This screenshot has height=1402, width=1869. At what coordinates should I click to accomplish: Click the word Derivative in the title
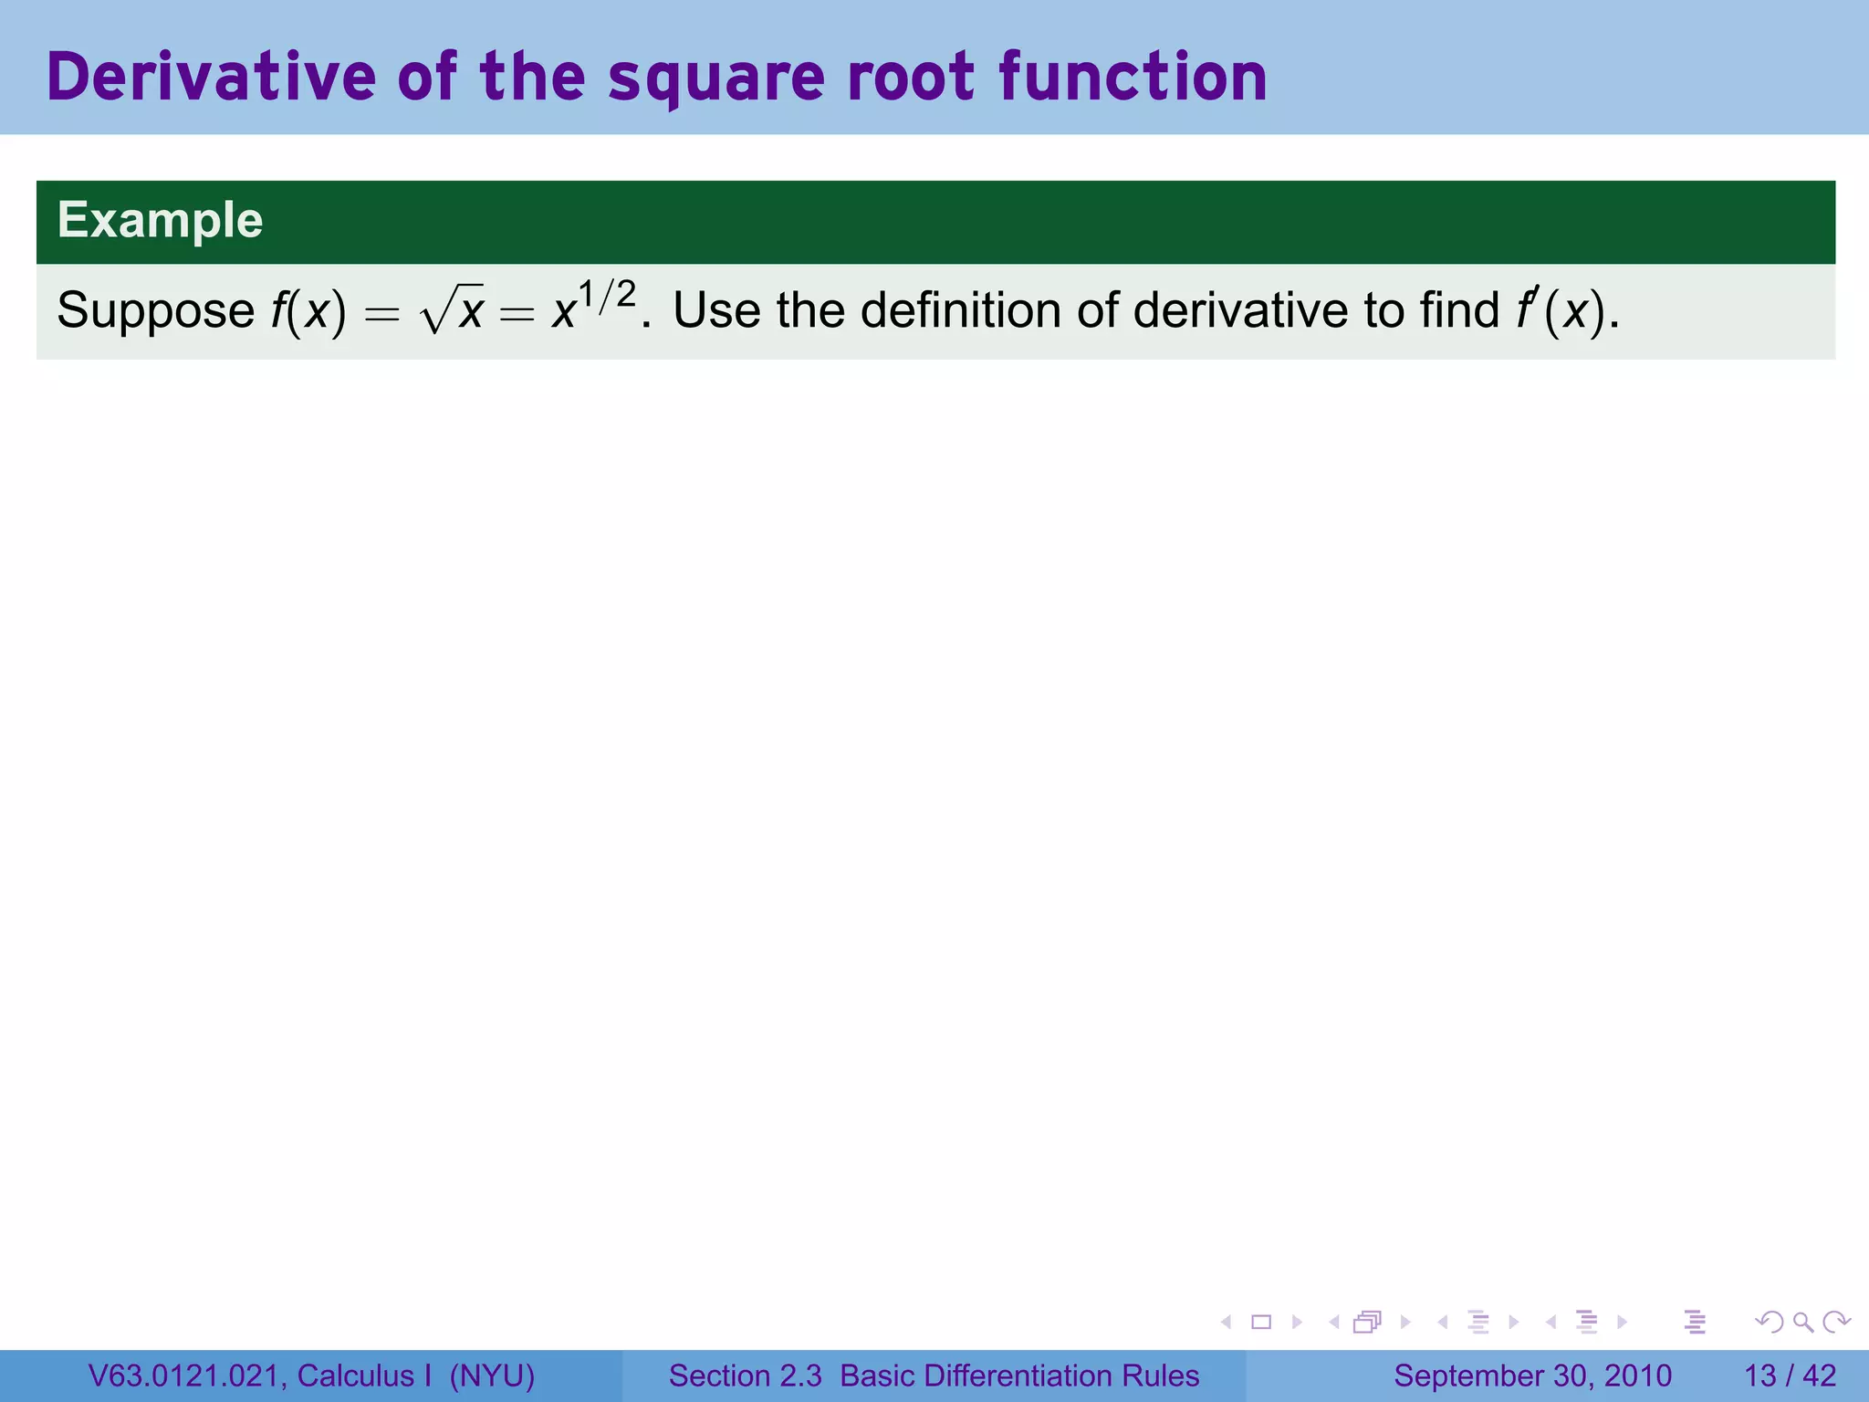coord(211,77)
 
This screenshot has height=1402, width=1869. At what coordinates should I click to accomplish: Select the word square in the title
coord(716,78)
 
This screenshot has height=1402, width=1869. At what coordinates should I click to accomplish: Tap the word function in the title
coord(1133,77)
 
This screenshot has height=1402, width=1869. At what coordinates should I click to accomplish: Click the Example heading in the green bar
coord(161,221)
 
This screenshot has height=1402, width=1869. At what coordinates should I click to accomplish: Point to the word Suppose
coord(155,311)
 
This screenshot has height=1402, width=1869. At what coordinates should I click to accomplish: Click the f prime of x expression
coord(1564,310)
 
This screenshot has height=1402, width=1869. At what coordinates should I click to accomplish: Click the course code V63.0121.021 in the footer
coord(187,1376)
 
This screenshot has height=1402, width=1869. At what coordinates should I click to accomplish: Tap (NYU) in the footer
coord(492,1376)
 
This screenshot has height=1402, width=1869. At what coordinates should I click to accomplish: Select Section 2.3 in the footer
coord(745,1376)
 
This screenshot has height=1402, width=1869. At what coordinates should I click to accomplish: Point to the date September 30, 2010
coord(1532,1376)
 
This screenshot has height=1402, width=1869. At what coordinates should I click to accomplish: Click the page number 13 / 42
coord(1790,1376)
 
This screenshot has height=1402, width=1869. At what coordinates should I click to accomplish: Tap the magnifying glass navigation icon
coord(1802,1322)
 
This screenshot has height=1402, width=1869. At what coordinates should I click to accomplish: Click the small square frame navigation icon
coord(1261,1322)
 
